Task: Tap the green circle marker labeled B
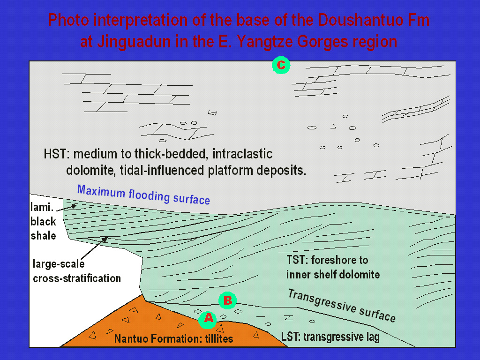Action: (x=227, y=300)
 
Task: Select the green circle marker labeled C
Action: (x=281, y=65)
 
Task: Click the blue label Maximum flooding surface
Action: (x=143, y=195)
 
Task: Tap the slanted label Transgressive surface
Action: (x=342, y=306)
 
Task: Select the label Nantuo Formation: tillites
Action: (x=173, y=338)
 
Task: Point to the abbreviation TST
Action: (x=297, y=260)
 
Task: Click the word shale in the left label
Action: (x=43, y=236)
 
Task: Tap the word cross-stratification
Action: (x=77, y=278)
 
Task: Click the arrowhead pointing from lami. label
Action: (x=74, y=206)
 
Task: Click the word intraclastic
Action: (x=242, y=154)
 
